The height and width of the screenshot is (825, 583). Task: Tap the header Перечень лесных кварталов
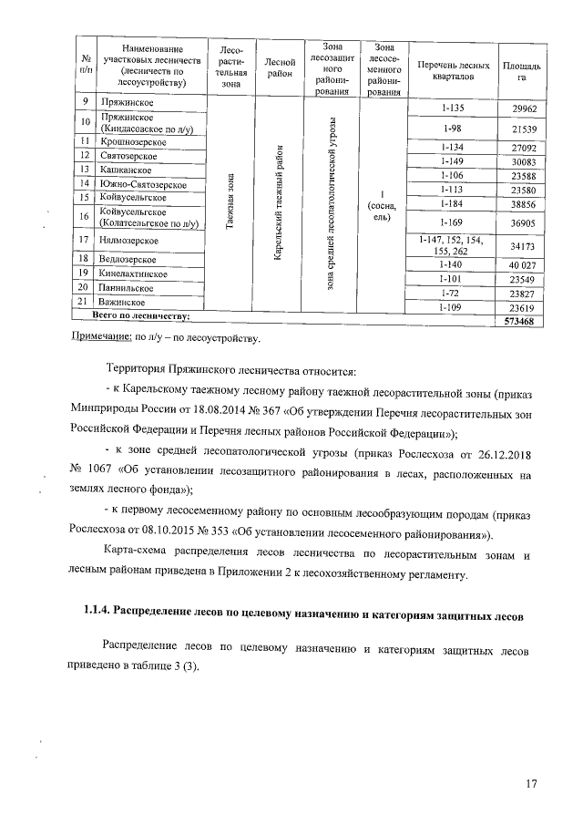[x=452, y=68]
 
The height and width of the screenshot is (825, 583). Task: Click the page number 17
[x=532, y=783]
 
